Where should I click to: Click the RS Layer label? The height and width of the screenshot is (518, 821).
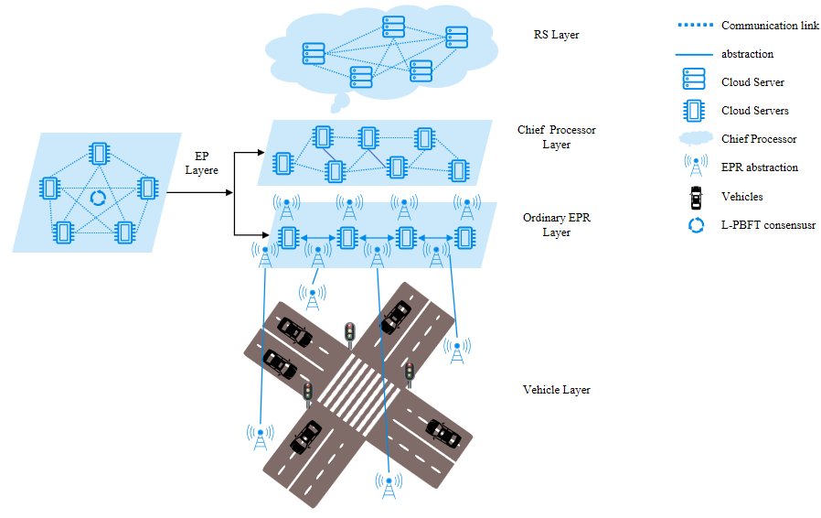click(557, 36)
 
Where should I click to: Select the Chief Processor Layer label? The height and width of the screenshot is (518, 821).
click(556, 137)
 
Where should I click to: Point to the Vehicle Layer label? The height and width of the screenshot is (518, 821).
click(556, 390)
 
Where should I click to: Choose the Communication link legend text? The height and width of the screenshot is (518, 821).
click(770, 26)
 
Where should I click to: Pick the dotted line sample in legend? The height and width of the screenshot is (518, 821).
click(696, 26)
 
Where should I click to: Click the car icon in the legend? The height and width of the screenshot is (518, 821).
click(697, 196)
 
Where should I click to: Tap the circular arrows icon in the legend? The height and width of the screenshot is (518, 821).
click(697, 224)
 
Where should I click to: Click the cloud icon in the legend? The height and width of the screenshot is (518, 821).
click(697, 139)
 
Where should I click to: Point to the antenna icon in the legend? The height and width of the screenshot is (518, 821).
click(697, 167)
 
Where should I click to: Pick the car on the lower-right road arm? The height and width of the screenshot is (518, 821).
click(443, 431)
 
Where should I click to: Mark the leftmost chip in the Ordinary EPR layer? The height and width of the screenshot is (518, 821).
click(288, 238)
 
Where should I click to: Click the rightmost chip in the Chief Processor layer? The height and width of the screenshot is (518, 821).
click(458, 169)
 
